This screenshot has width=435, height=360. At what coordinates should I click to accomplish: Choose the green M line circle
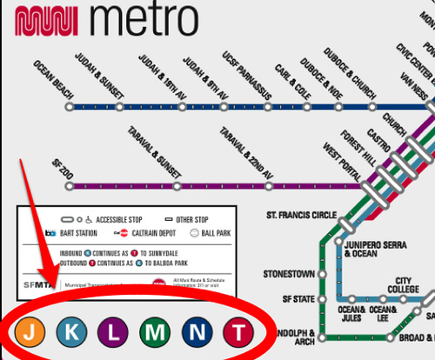coord(154,331)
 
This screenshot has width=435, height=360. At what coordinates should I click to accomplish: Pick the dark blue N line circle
coord(196,331)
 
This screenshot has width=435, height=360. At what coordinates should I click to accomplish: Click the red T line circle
coord(238,331)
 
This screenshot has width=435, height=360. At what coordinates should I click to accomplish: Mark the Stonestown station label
coord(288,274)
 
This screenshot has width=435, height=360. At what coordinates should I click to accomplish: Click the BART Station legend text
coord(76,233)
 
